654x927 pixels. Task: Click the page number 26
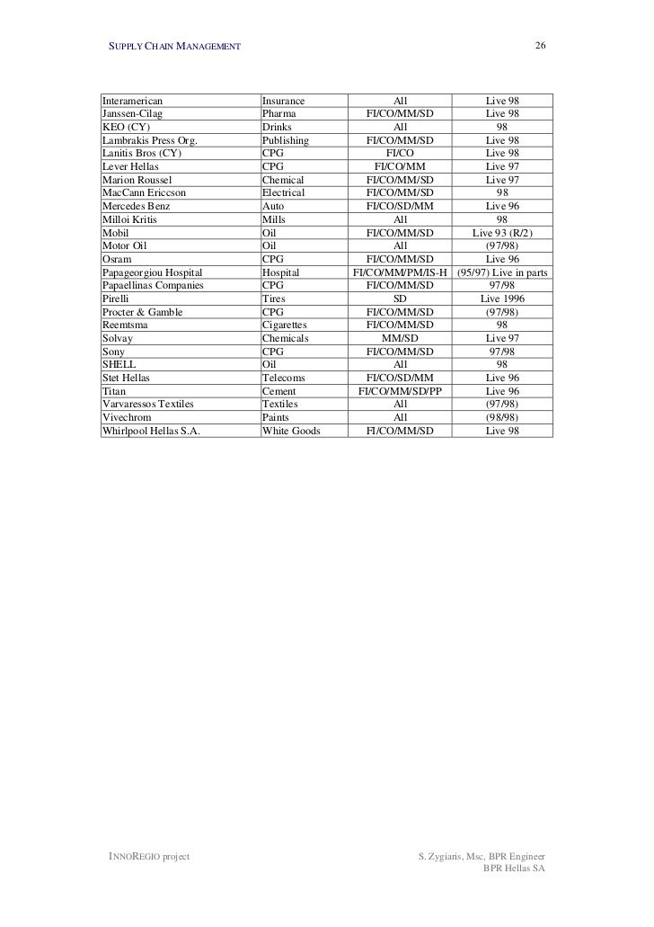[x=541, y=46]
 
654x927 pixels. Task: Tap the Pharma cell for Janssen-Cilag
[x=278, y=114]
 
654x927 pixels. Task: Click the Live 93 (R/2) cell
[x=502, y=233]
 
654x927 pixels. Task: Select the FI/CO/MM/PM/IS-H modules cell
[x=400, y=272]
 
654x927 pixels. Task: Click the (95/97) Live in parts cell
[x=502, y=272]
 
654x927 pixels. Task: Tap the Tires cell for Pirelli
[x=273, y=299]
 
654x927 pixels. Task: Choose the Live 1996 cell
[x=502, y=299]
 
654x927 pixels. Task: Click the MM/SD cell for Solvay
[x=401, y=338]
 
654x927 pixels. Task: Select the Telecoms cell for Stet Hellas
[x=283, y=379]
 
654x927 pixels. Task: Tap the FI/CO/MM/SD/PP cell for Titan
[x=401, y=391]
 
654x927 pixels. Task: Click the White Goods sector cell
[x=290, y=431]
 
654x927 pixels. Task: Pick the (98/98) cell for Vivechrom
[x=502, y=418]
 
